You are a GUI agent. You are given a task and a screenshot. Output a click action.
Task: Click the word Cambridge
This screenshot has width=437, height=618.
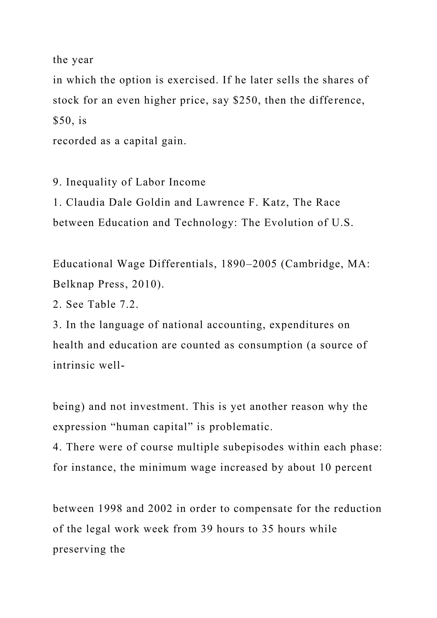315,264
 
